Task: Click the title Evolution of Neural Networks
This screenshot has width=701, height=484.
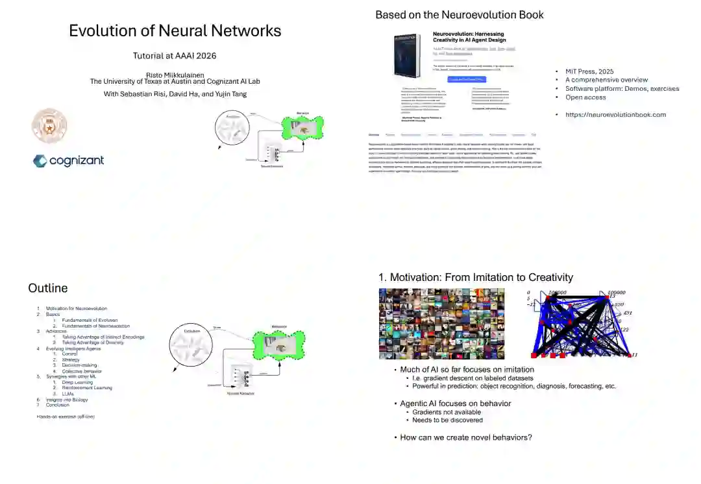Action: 175,30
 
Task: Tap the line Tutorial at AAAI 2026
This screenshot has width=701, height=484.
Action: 175,56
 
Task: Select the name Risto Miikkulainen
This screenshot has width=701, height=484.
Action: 175,75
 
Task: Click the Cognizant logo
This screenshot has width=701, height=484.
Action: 68,161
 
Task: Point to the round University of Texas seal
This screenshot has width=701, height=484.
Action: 49,125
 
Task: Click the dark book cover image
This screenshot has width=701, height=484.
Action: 408,55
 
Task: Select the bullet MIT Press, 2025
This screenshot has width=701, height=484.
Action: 589,71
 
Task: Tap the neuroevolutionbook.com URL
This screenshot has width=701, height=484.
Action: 615,115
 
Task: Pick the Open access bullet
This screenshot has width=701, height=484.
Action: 585,97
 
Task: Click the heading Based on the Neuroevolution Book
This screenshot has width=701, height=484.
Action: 459,14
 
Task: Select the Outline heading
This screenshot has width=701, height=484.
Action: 47,288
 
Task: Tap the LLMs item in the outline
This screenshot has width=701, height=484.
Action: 68,394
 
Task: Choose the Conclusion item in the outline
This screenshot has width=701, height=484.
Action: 57,405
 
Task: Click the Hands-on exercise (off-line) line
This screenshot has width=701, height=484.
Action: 66,417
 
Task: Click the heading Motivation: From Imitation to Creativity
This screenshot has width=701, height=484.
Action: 476,278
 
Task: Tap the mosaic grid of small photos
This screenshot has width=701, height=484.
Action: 441,324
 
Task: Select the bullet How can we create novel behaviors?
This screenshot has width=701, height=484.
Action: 465,437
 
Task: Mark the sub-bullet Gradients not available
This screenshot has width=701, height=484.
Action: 447,412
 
